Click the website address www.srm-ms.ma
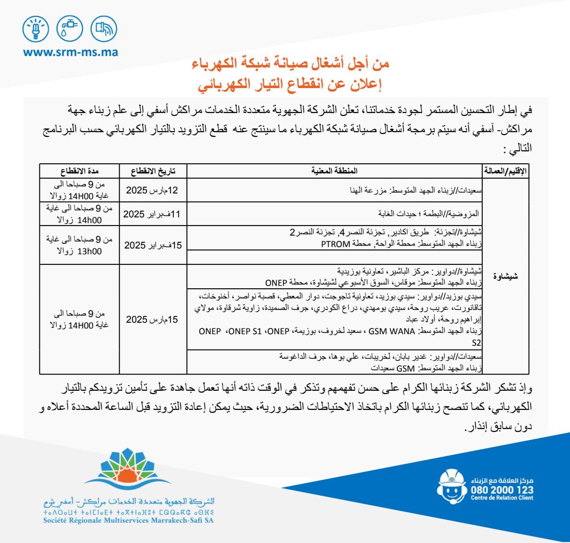point(70,52)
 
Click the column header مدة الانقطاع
point(80,171)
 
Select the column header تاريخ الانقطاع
point(153,171)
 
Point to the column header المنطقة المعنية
point(334,171)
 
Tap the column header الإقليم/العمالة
point(505,171)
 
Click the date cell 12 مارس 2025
point(152,191)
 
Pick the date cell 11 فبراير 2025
point(152,214)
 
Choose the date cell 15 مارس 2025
point(152,319)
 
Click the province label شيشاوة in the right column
point(505,276)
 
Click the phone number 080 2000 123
point(502,490)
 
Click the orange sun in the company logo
point(127,474)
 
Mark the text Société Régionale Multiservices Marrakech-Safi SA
point(128,520)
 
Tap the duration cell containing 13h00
point(80,245)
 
